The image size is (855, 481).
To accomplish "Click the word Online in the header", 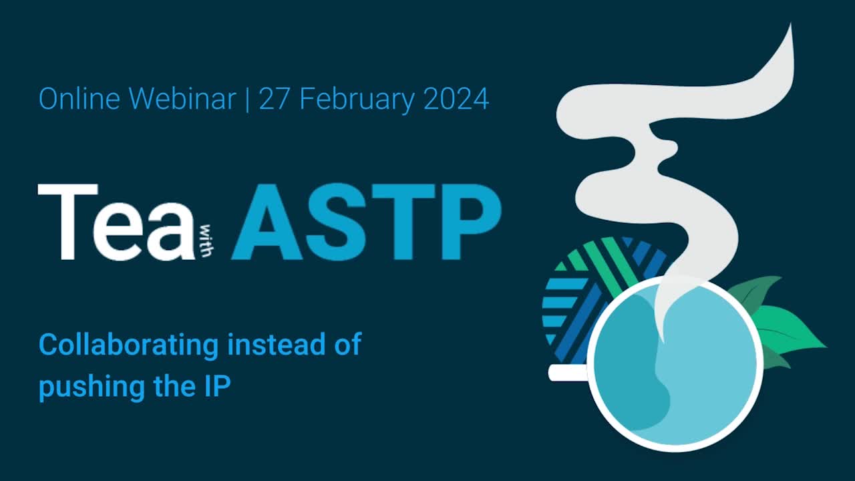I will pyautogui.click(x=79, y=100).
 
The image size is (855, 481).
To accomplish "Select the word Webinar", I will pyautogui.click(x=182, y=100).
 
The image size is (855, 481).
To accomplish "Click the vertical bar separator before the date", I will pyautogui.click(x=248, y=100).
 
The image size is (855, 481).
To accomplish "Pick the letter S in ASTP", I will pyautogui.click(x=335, y=222).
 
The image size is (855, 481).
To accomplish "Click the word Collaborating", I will pyautogui.click(x=128, y=345).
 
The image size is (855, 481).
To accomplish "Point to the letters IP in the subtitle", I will pyautogui.click(x=216, y=387).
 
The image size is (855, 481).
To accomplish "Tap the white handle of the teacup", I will pyautogui.click(x=566, y=373).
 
